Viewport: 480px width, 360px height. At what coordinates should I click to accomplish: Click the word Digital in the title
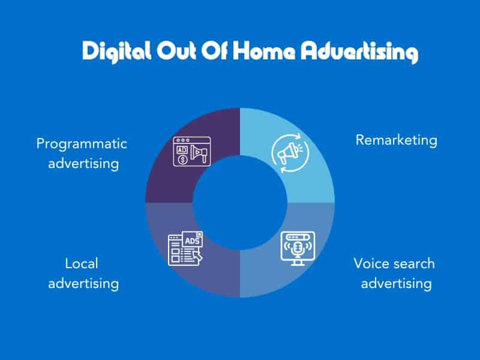(x=116, y=52)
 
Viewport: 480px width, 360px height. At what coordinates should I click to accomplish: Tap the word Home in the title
(x=264, y=51)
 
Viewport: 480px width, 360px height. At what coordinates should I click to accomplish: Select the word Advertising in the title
(x=359, y=52)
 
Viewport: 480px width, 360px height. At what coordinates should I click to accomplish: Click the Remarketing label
(x=397, y=140)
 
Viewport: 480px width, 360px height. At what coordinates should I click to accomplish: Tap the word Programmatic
(x=82, y=144)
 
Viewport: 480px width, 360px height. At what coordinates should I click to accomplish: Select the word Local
(x=82, y=263)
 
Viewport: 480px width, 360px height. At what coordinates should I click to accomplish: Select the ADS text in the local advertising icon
(x=192, y=241)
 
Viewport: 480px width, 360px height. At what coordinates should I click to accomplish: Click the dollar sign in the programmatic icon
(x=182, y=160)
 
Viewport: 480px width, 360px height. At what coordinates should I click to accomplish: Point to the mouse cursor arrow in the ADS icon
(x=198, y=256)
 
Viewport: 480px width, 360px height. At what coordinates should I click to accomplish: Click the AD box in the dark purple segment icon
(x=182, y=150)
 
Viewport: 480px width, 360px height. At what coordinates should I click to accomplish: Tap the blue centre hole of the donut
(x=240, y=203)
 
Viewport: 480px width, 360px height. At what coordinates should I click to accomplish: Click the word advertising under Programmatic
(x=83, y=163)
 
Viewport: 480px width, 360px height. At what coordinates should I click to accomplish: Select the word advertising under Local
(x=83, y=283)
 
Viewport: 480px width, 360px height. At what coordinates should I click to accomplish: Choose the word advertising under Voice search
(x=397, y=283)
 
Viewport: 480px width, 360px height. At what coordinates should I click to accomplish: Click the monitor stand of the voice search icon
(x=298, y=263)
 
